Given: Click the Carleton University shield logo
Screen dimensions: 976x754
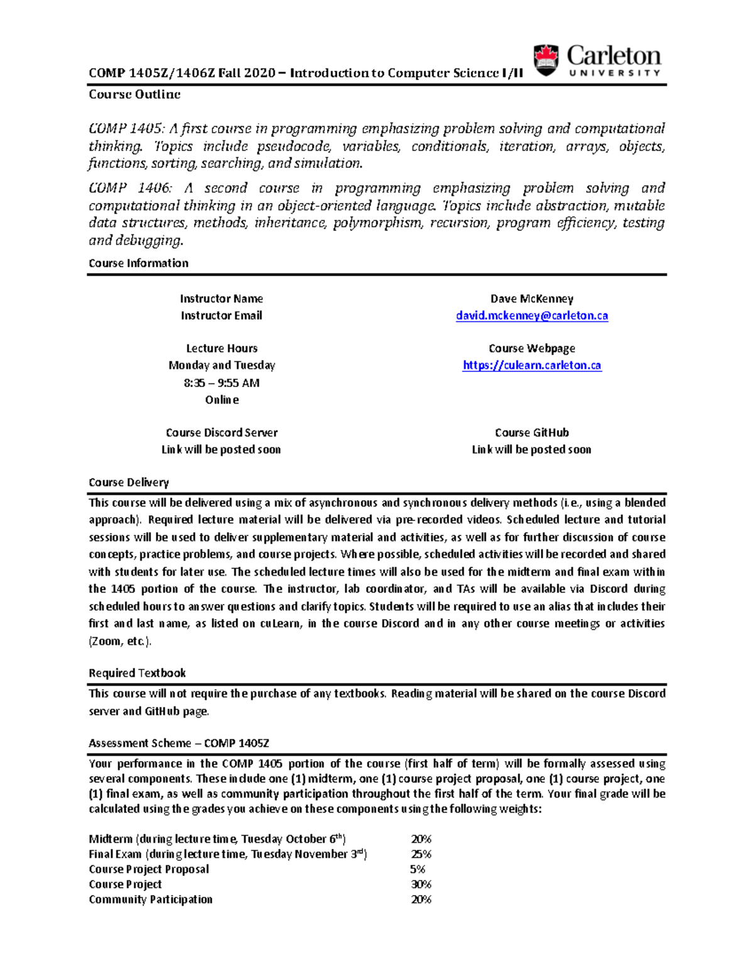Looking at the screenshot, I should [x=545, y=60].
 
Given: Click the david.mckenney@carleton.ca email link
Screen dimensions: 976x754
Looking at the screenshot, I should [x=532, y=316].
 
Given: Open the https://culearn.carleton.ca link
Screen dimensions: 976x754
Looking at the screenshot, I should [x=532, y=366].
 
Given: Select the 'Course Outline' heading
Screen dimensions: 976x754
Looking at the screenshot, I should [x=134, y=94].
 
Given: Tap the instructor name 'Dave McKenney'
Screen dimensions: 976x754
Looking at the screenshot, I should [x=532, y=299].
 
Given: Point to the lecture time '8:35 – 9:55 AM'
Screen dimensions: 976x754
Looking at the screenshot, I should [x=222, y=383].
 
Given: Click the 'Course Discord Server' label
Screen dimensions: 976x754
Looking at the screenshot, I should [x=222, y=432].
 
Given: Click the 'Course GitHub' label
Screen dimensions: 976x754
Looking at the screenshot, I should [x=532, y=432].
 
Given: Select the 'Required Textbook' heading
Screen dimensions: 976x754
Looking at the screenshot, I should [x=137, y=673].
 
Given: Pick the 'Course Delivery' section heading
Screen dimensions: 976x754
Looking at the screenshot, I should [x=129, y=483].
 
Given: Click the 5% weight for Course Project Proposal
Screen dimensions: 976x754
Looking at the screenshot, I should [x=417, y=869].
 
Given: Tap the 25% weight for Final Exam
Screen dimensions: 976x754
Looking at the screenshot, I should [x=421, y=854].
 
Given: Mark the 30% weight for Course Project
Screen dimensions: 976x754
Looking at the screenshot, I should [x=421, y=884].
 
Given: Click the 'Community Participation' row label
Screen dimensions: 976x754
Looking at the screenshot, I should [x=151, y=899].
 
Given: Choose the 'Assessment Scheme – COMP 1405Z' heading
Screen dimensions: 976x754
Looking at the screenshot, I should [x=179, y=743].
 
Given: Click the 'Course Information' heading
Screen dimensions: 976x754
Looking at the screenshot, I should [x=138, y=263].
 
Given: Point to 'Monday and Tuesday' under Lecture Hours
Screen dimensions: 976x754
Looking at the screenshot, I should [x=222, y=366].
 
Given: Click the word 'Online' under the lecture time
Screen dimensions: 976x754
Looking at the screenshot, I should [x=222, y=400].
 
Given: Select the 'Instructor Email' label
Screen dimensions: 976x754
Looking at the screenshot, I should [x=222, y=316].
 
